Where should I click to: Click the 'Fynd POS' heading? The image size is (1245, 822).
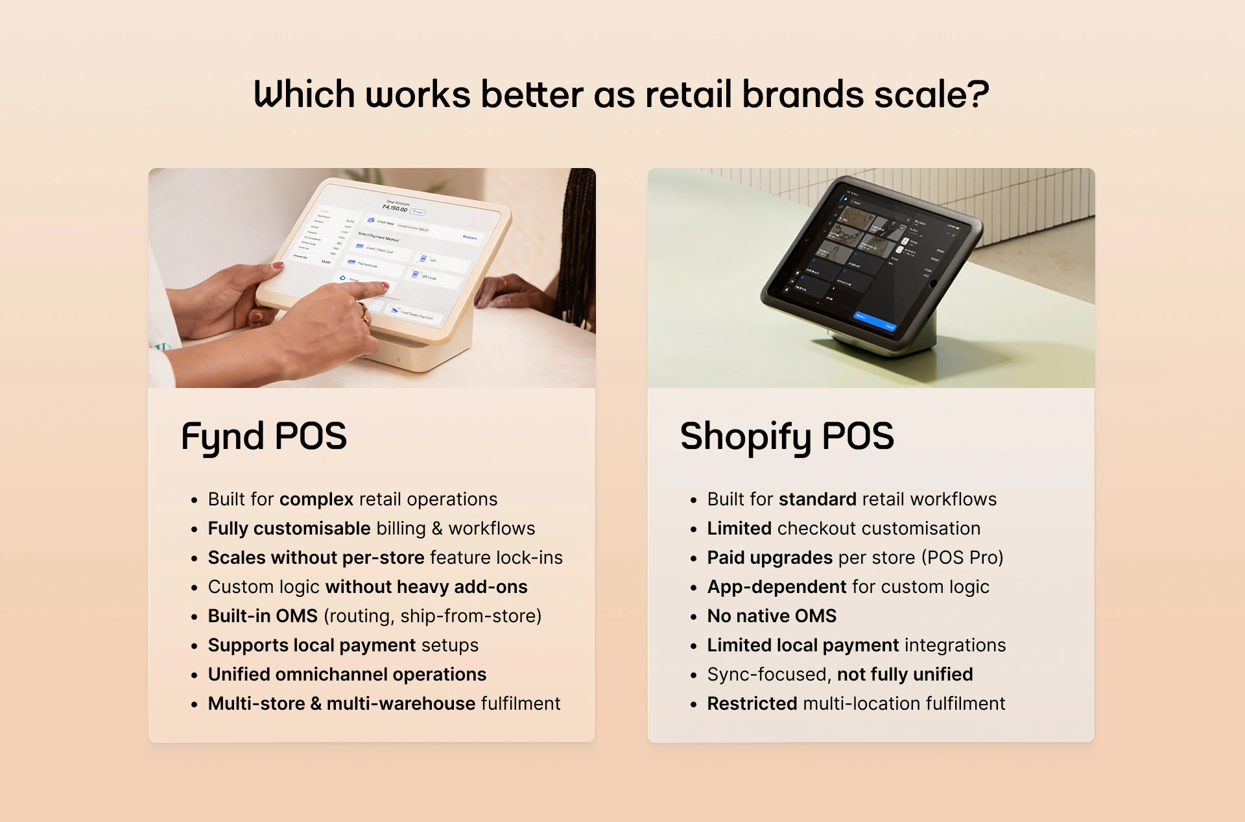[264, 436]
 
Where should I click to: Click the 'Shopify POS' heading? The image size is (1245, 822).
[787, 436]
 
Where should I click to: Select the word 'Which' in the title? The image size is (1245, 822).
[304, 95]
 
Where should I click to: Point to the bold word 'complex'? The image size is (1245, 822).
[316, 499]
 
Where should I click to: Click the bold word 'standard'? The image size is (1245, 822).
[817, 499]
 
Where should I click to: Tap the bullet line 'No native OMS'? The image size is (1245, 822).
[772, 616]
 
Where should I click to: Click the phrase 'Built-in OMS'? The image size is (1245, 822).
[263, 616]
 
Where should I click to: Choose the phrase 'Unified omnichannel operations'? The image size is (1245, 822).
[347, 674]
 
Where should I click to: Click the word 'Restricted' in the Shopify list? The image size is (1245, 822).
[752, 703]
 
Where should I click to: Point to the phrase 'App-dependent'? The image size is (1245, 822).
[777, 586]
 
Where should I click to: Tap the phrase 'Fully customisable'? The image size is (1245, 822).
[289, 528]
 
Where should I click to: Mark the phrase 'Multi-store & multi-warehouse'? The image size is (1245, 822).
[342, 703]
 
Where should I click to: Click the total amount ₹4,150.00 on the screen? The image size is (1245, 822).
[395, 209]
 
